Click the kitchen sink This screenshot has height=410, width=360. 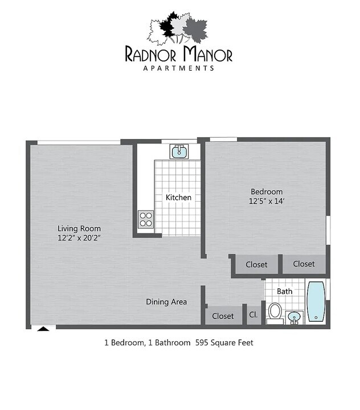coord(178,151)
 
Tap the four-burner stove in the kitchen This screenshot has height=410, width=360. coord(146,219)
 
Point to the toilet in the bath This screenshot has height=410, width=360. coord(275,311)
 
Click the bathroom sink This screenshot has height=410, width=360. coord(294,316)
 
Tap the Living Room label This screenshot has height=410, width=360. coord(83,228)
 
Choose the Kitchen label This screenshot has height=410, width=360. coord(178,198)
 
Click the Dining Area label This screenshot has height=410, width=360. coord(166,302)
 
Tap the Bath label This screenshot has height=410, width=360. coord(285,291)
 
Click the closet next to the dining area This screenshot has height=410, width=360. coord(223,315)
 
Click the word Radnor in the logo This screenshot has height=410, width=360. coord(152,55)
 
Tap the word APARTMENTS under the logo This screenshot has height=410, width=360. coord(178,68)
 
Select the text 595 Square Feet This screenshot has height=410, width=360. coord(224,343)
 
